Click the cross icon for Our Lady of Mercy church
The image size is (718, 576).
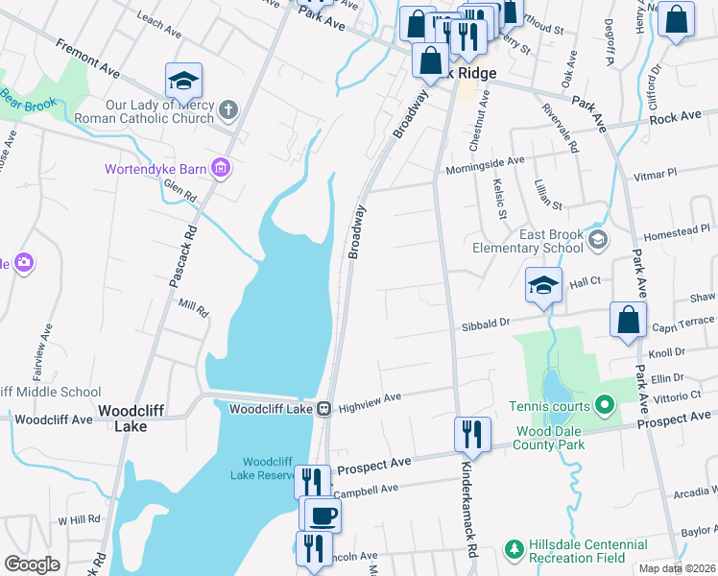point(228,109)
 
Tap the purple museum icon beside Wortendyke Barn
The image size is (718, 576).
point(221,169)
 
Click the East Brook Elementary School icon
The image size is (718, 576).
point(599,239)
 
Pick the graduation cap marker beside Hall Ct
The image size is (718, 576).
point(543,285)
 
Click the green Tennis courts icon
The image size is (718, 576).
point(604,405)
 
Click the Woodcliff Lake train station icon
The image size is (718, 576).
point(324,409)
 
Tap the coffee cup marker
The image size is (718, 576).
point(322,516)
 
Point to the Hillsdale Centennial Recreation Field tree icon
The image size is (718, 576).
point(515,549)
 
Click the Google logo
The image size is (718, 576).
point(32,564)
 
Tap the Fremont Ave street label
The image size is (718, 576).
point(87,59)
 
